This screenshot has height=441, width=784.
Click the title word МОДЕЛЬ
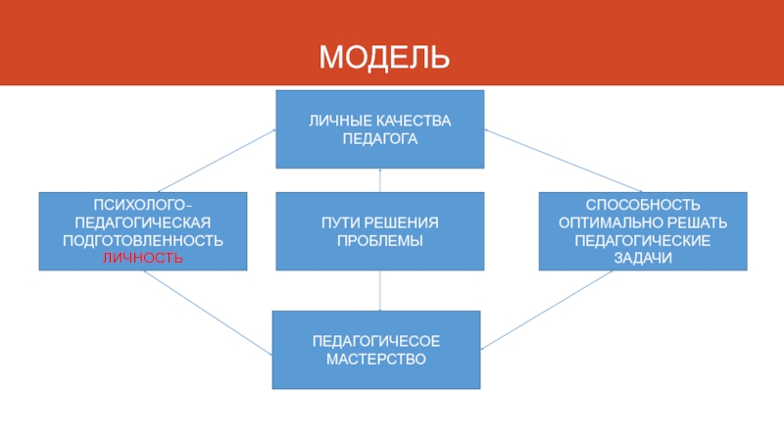[384, 57]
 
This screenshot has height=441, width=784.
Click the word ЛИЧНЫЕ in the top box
[336, 121]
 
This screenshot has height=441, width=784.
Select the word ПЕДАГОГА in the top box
[379, 138]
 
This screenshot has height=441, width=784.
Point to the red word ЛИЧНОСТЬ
[143, 257]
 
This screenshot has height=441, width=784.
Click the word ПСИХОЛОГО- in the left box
[143, 204]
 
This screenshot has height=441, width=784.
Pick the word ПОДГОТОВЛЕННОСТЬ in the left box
[143, 239]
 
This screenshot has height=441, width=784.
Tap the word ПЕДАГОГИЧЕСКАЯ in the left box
[143, 221]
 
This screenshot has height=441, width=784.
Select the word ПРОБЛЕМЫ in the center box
[379, 240]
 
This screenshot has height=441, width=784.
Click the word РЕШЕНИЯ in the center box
[403, 222]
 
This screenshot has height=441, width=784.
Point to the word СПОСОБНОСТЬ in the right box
[643, 204]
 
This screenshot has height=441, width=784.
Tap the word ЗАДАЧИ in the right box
[643, 257]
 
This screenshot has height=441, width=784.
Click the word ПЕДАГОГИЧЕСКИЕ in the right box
[643, 239]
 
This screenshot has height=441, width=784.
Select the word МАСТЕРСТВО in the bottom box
[375, 359]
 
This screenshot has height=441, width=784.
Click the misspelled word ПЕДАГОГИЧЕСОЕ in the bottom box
[375, 341]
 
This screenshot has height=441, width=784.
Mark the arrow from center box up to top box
[379, 180]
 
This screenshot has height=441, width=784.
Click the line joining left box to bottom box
[208, 314]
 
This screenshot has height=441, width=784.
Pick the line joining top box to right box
[563, 160]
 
